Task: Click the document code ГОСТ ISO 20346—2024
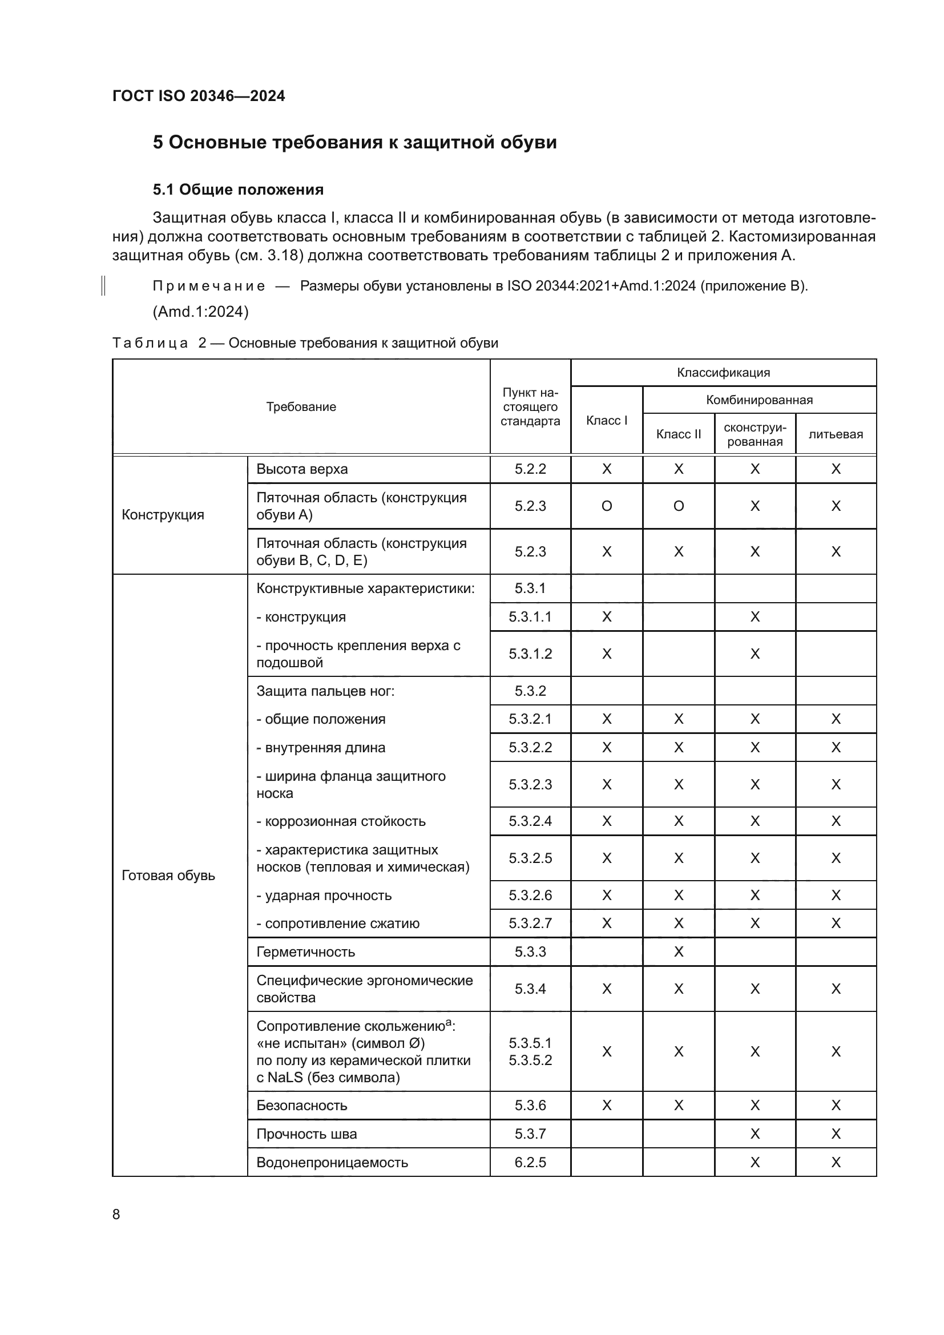pos(198,96)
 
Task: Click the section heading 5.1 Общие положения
pos(238,189)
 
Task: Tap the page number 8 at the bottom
pos(116,1215)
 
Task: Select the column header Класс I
pos(606,421)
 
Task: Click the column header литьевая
pos(836,434)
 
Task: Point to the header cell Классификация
pos(723,373)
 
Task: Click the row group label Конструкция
pos(163,515)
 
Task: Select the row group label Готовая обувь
pos(168,876)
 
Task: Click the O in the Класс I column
pos(606,506)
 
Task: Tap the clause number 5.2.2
pos(530,469)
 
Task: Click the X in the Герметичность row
pos(679,952)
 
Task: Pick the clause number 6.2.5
pos(530,1162)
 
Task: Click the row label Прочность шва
pos(306,1134)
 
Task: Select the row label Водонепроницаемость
pos(332,1162)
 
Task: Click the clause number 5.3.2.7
pos(530,923)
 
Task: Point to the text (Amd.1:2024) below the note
pos(200,312)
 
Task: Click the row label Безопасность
pos(302,1106)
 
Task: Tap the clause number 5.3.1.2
pos(530,654)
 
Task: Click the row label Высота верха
pos(302,469)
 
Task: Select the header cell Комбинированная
pos(759,400)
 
